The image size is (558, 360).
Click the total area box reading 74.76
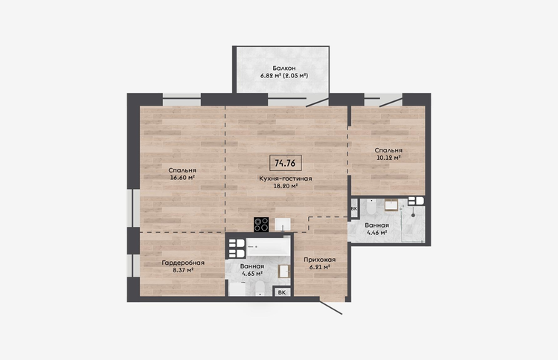click(286, 163)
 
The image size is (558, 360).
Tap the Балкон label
click(284, 68)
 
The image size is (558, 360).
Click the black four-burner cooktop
click(261, 225)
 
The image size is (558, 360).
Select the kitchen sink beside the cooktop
click(283, 225)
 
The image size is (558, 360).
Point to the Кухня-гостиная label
click(286, 179)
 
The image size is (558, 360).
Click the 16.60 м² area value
click(182, 178)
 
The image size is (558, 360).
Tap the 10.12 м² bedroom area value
click(388, 158)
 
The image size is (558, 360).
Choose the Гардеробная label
click(183, 263)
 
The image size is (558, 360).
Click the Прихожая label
click(320, 260)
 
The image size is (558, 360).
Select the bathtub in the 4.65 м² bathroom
click(269, 246)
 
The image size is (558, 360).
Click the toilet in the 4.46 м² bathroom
click(371, 206)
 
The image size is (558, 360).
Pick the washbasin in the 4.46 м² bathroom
click(391, 205)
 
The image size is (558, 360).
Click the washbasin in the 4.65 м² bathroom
click(284, 271)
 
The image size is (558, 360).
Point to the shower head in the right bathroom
click(413, 215)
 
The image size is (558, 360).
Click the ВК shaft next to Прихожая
click(282, 292)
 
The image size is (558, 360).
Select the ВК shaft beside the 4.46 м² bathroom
click(354, 209)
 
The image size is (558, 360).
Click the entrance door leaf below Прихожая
click(330, 308)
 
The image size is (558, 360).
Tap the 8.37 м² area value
click(183, 270)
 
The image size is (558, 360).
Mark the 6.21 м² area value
click(320, 267)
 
